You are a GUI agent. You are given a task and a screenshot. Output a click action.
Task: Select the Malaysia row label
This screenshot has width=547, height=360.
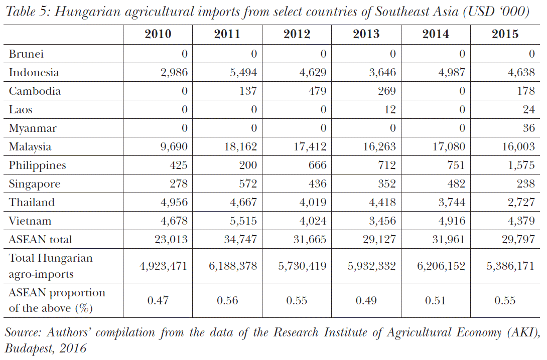coord(30,147)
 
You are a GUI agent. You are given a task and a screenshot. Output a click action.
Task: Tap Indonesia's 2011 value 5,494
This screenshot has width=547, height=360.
coord(243,73)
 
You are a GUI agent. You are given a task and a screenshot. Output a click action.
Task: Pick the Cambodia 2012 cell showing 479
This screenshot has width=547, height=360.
coord(316,91)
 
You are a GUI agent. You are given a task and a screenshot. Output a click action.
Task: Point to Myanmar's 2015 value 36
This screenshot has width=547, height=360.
coord(528,128)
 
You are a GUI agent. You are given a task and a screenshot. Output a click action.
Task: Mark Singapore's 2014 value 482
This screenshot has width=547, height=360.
coord(455,184)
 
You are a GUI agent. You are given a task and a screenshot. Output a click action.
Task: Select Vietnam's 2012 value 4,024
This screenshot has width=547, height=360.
coord(312,221)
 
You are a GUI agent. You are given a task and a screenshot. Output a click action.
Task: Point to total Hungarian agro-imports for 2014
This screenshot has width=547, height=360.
coord(441,265)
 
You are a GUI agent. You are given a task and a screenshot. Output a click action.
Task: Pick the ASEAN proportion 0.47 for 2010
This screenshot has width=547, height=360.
coord(158,301)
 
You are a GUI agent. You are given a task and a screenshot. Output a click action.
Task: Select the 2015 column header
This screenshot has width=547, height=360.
coord(505,34)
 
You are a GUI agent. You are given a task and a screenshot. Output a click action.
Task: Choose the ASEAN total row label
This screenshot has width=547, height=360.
coord(40,240)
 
